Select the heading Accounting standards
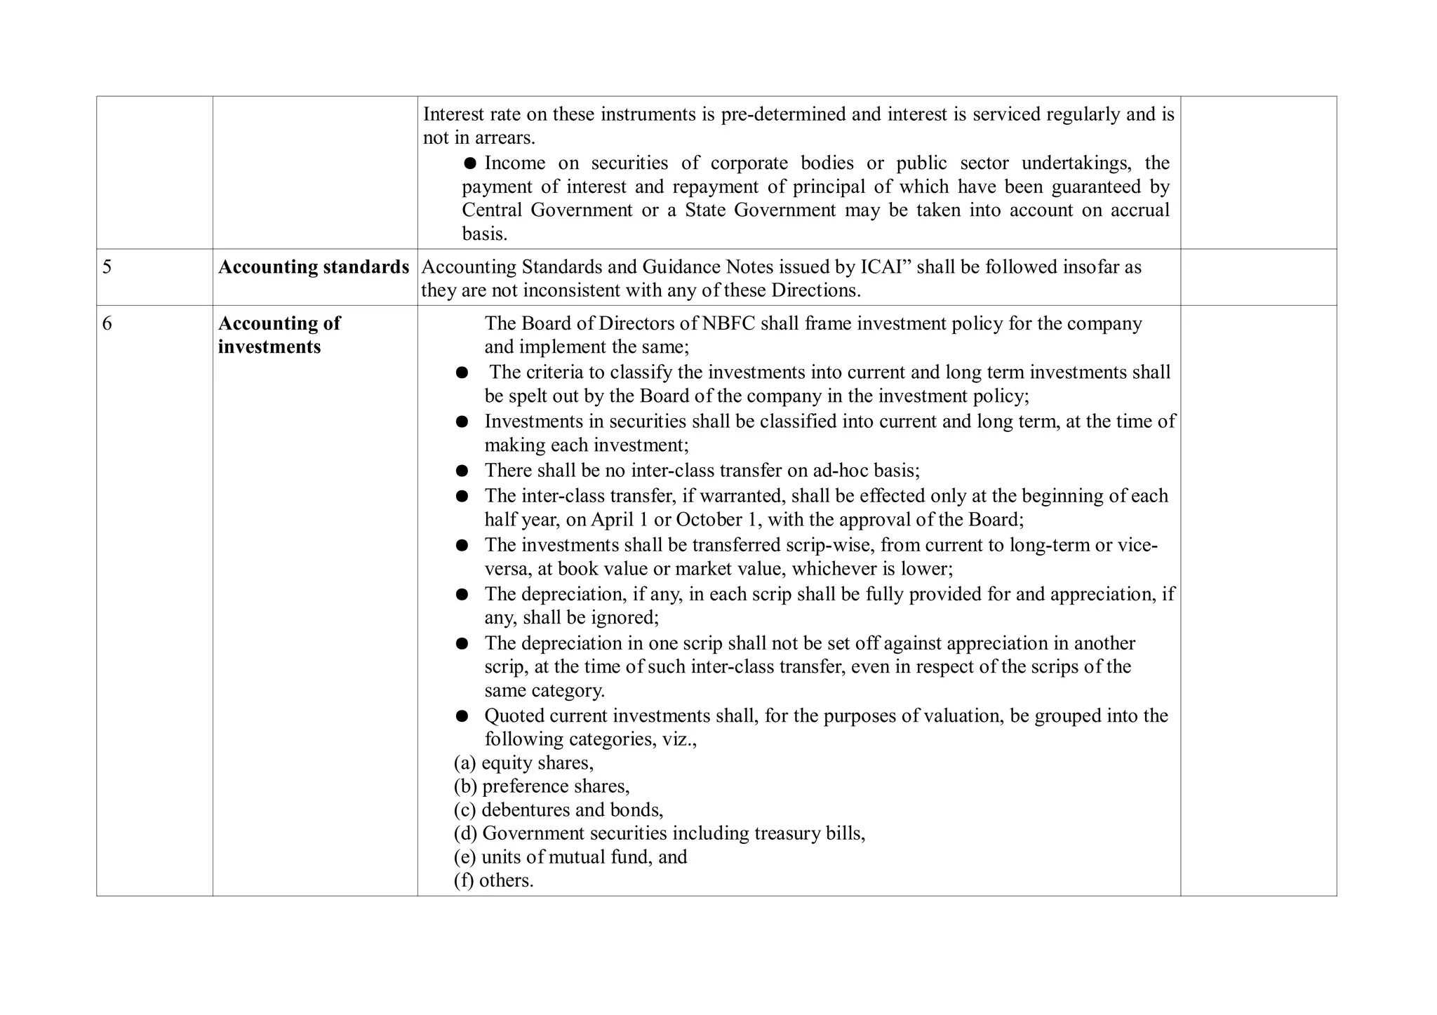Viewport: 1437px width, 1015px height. [x=313, y=267]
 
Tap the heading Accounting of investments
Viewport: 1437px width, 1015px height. [x=279, y=335]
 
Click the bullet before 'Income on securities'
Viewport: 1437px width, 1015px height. [x=470, y=163]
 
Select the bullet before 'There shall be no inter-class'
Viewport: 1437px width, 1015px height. [x=462, y=471]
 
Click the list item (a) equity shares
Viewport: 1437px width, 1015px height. [x=523, y=762]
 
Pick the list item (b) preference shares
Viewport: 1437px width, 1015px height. [x=542, y=786]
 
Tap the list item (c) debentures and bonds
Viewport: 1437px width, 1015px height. [x=559, y=810]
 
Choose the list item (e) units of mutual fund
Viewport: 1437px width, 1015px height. [x=570, y=857]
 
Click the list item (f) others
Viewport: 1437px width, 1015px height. [x=493, y=880]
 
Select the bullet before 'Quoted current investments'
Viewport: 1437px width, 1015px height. [x=462, y=716]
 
